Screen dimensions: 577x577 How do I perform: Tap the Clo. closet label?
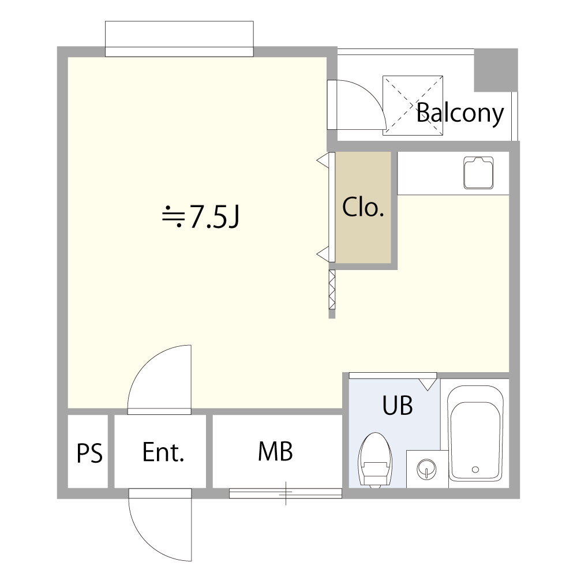(363, 207)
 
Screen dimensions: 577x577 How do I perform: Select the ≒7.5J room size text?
(201, 216)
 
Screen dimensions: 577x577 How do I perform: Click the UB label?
(398, 405)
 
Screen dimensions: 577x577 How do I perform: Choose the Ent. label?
(163, 452)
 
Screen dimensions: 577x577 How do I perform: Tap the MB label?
(275, 451)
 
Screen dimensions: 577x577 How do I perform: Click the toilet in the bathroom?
(376, 460)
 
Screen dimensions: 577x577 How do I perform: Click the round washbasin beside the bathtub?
(427, 469)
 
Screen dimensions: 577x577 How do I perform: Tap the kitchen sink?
(478, 173)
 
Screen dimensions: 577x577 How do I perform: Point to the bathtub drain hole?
(475, 469)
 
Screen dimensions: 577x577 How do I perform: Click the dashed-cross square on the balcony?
(413, 106)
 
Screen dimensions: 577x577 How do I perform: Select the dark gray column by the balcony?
(496, 70)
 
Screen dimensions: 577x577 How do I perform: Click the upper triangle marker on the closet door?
(323, 160)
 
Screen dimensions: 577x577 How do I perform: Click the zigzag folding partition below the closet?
(332, 290)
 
